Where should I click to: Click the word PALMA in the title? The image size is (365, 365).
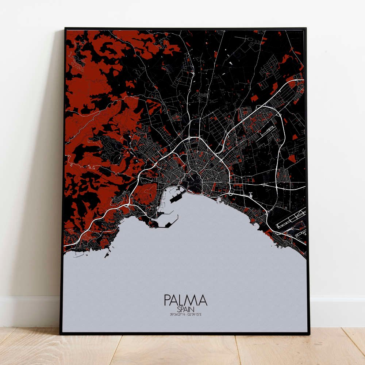point(185,300)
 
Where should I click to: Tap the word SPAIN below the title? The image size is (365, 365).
point(185,309)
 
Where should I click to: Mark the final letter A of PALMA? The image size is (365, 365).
point(203,300)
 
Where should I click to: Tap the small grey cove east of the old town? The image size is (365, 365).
point(219,200)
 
